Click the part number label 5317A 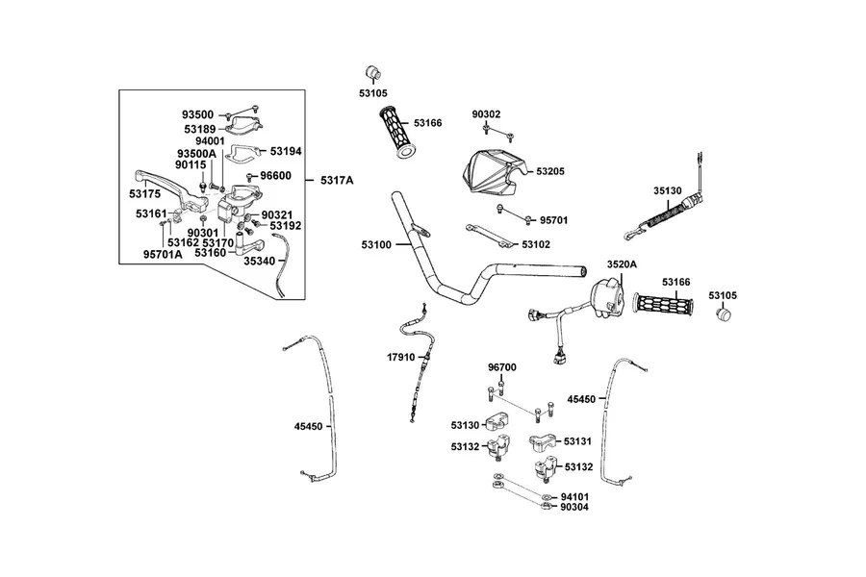[337, 180]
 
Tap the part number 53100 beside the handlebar [376, 244]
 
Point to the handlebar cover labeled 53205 [494, 171]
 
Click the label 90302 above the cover [486, 114]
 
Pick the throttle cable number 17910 [401, 357]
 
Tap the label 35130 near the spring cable [668, 191]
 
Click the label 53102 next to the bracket [536, 244]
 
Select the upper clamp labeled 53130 [497, 423]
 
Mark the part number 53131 [577, 441]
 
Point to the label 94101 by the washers [574, 496]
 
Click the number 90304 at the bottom [574, 507]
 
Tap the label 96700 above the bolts [502, 367]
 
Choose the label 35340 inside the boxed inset [260, 261]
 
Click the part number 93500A [196, 153]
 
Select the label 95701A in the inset [163, 255]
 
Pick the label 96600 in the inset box [275, 176]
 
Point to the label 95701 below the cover [553, 220]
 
